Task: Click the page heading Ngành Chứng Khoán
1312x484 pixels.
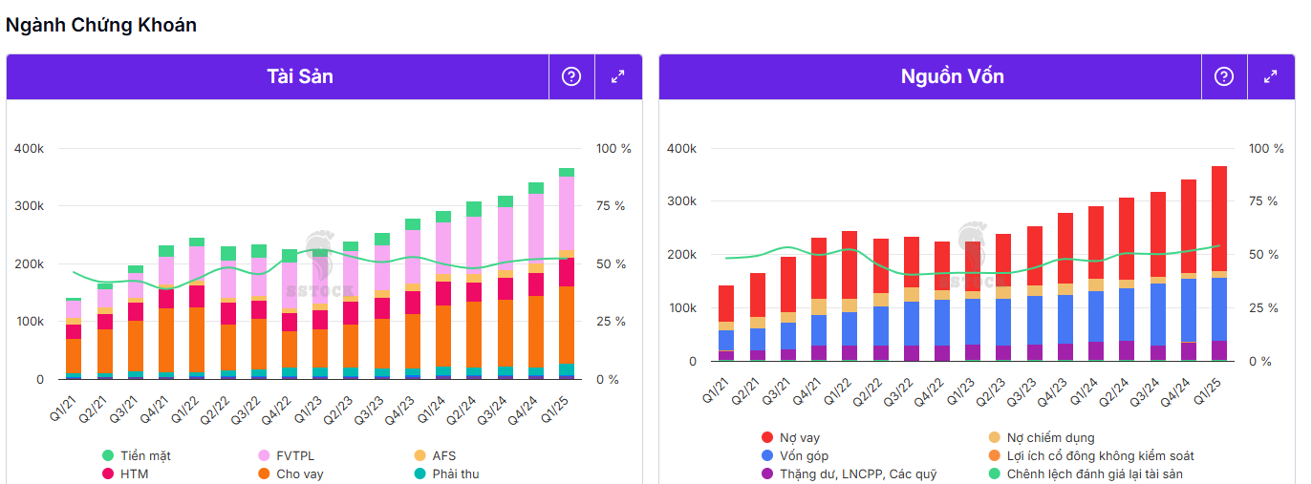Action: tap(101, 26)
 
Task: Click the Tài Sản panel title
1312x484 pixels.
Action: tap(300, 76)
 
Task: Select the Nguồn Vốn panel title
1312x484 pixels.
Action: tap(953, 76)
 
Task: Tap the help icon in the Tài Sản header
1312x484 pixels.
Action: tap(571, 76)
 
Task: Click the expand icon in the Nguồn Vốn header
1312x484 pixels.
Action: tap(1270, 76)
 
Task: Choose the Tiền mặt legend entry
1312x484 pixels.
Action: tap(139, 455)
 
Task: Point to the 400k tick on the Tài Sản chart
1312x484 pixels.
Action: tap(29, 149)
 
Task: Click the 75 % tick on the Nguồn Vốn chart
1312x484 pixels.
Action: tap(1266, 201)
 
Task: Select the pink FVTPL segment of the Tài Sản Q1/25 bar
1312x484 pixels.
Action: tap(567, 212)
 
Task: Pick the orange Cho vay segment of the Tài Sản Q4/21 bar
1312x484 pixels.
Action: tap(166, 339)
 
